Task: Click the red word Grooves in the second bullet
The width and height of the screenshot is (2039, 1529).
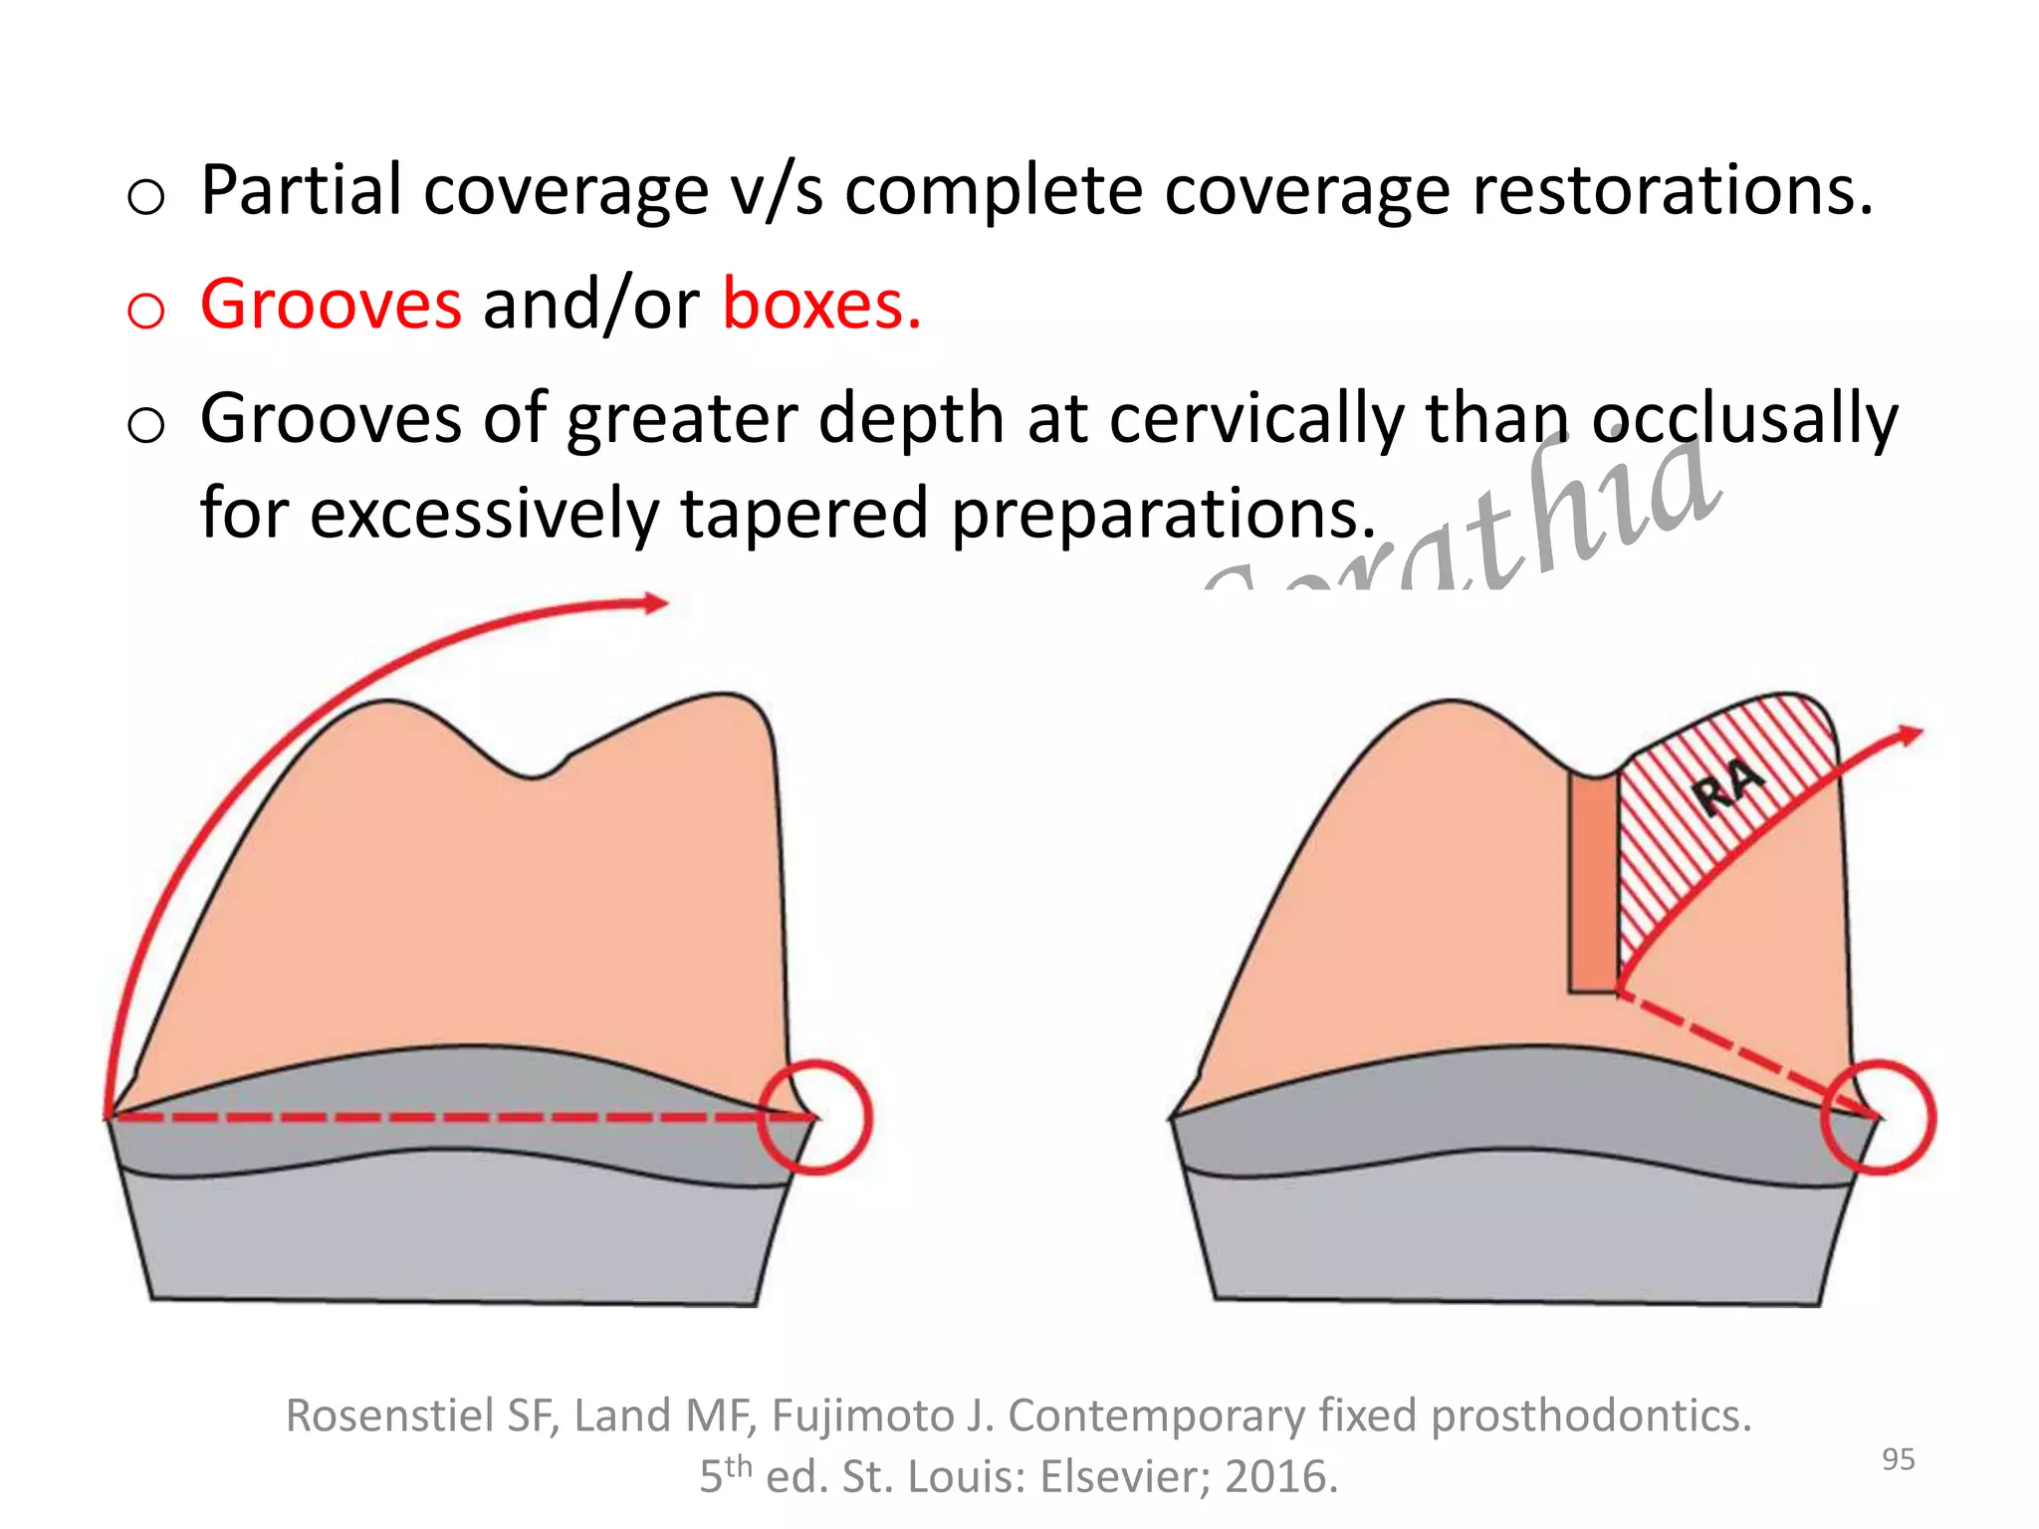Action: coord(331,304)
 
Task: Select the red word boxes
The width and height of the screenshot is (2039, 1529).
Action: coord(821,304)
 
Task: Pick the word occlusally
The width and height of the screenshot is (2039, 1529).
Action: coord(1744,418)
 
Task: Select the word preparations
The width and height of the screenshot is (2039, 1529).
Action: coord(1163,514)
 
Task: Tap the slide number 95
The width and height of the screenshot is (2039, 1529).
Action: coord(1898,1459)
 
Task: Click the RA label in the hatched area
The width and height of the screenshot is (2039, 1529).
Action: coord(1728,786)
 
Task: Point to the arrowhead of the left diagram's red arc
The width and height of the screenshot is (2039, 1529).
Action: coord(657,602)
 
